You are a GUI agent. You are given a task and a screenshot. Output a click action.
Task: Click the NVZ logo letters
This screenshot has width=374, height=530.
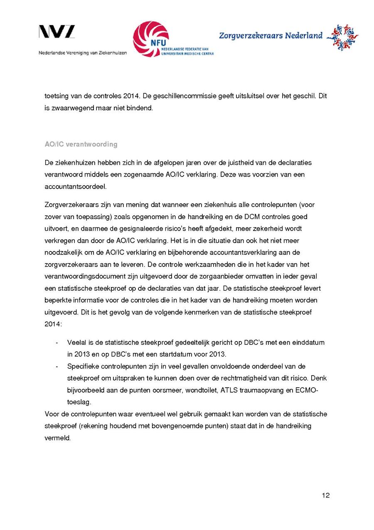coord(57,32)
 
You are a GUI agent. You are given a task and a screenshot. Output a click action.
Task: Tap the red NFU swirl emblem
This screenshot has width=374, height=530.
coord(151,39)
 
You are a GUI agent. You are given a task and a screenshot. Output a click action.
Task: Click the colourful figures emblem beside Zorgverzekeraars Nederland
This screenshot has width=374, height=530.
coord(342,37)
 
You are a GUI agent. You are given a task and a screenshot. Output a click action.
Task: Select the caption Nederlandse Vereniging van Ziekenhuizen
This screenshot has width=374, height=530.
coord(83,53)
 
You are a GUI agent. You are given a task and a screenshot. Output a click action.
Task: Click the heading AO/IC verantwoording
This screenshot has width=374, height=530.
coord(81,144)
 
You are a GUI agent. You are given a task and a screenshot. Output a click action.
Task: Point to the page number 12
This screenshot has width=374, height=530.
coord(325,495)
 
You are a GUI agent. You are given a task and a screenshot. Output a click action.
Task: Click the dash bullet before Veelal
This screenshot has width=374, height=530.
coord(56,343)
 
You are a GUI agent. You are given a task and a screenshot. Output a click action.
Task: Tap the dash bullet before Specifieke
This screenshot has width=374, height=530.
coord(56,366)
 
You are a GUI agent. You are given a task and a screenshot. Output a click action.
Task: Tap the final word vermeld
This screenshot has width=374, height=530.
coord(57,438)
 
